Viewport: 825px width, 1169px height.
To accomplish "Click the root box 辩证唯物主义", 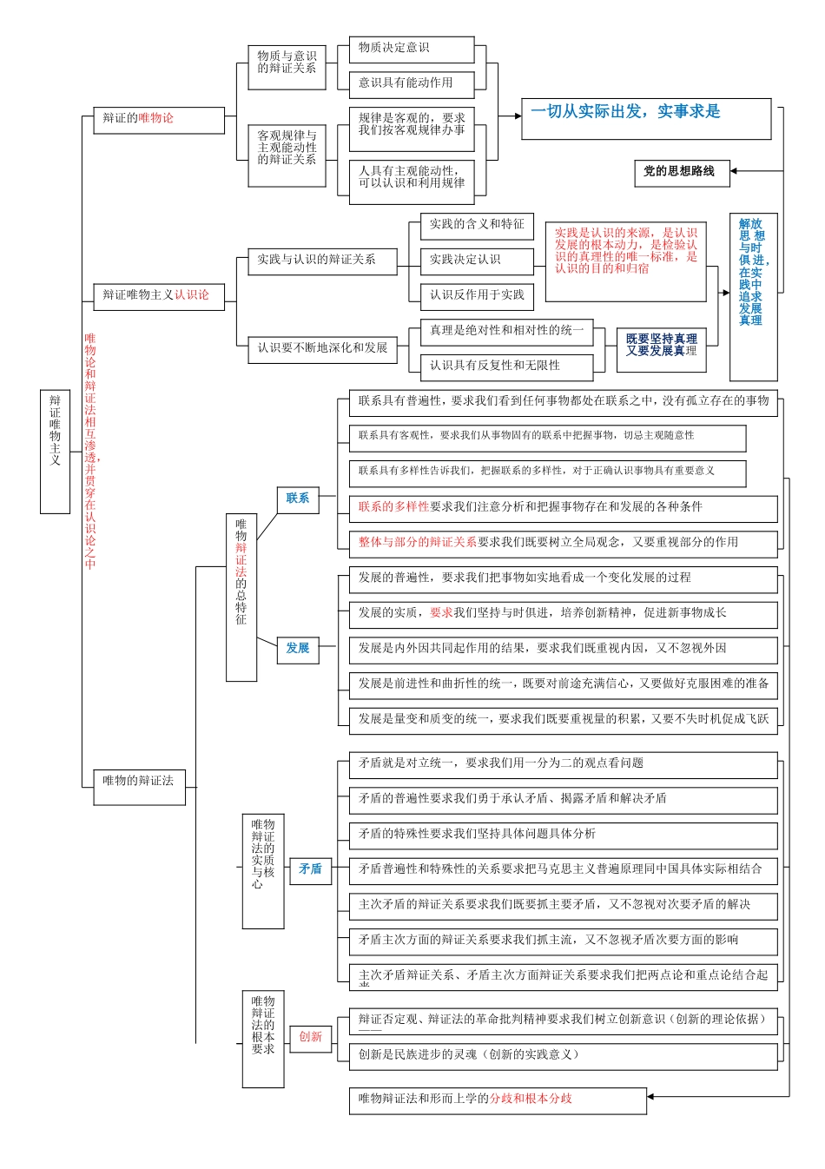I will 55,451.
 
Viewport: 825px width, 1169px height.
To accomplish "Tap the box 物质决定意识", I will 411,49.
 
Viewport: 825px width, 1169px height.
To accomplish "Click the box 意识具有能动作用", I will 411,83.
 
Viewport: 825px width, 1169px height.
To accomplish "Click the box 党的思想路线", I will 681,173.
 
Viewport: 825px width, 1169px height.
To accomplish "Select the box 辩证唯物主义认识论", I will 158,296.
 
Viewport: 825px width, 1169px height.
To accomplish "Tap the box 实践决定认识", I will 476,260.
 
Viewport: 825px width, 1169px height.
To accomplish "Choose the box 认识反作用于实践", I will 476,295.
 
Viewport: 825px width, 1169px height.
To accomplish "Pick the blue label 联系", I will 297,499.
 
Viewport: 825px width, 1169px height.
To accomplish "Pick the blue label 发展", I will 297,649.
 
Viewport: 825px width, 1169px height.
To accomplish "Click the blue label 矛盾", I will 310,869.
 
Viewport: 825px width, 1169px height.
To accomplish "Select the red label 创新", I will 310,1038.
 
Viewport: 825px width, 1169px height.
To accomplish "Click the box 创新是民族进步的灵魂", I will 563,1056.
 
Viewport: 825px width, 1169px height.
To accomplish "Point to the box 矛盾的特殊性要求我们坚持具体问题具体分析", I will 563,835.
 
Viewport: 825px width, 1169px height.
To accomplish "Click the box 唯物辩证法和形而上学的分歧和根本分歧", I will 498,1100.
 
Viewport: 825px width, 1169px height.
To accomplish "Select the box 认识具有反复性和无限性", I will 506,367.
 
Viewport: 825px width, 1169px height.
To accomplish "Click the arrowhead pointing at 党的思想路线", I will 734,172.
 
